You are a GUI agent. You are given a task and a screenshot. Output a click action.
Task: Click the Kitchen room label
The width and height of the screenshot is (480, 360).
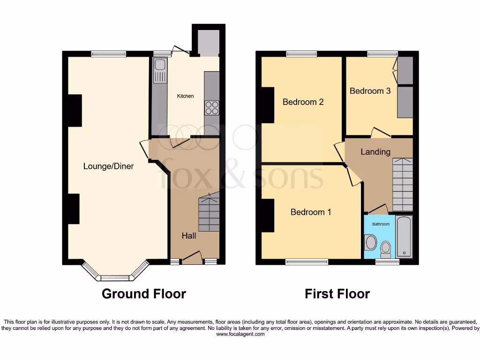pos(185,96)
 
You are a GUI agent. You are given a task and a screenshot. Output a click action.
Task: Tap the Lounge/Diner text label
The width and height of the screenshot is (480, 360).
pos(108,166)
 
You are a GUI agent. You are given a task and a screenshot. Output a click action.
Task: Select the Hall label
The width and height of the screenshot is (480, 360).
pos(189,236)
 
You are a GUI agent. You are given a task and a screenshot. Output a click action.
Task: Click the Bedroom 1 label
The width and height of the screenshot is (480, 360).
pos(311,212)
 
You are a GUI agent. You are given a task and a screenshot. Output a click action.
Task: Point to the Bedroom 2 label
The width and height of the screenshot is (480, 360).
pos(303,102)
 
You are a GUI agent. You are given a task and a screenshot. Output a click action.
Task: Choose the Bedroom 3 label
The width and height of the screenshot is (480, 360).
pos(370,91)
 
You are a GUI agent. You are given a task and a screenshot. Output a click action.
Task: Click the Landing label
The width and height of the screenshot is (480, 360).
pos(375,152)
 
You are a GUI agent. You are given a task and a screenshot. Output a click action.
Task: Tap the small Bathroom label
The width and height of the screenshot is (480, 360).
pos(381,224)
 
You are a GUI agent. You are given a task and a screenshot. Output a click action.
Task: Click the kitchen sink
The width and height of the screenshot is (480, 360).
pos(160,70)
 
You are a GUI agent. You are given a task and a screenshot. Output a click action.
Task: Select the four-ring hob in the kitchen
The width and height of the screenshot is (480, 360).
pos(211,108)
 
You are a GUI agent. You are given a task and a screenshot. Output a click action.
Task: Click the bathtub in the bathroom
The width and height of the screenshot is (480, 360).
pos(404,237)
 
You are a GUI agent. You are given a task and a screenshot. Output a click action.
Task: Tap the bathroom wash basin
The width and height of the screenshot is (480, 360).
pos(370,243)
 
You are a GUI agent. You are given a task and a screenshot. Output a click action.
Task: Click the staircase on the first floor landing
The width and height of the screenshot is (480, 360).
pos(402,185)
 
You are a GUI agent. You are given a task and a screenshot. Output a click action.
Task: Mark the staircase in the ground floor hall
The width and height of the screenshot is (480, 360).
pos(209,213)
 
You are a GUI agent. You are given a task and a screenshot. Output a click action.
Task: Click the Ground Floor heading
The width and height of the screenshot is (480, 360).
pos(144,294)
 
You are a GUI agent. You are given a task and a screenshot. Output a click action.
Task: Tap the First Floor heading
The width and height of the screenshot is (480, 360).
pos(337,294)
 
